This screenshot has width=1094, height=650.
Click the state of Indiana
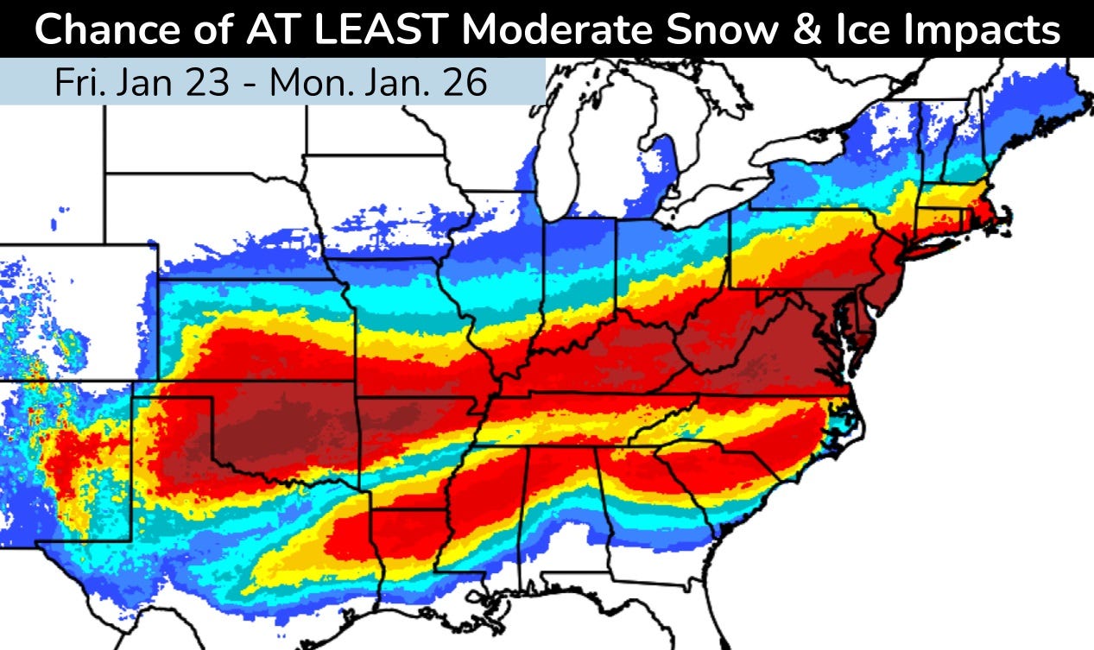(579, 276)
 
